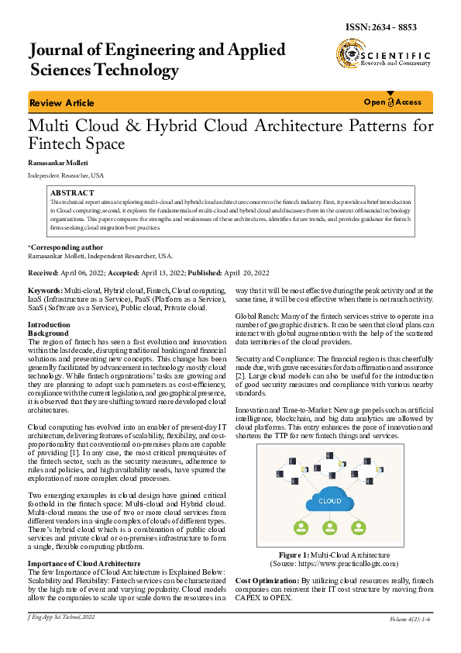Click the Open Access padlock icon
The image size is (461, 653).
click(391, 102)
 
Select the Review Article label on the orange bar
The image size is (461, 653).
click(61, 103)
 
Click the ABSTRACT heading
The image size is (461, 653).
click(71, 192)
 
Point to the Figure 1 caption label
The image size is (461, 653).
click(294, 555)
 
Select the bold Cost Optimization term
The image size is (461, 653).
click(266, 580)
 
